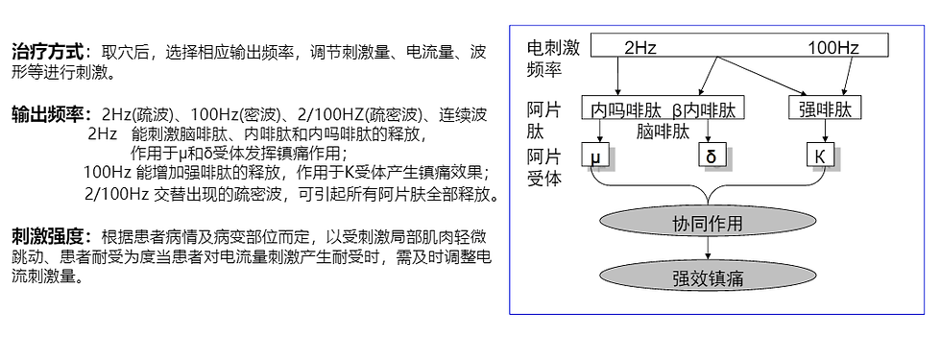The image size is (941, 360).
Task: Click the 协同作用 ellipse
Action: click(708, 225)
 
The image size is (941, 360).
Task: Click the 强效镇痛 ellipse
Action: click(708, 278)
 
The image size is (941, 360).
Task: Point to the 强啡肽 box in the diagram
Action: click(825, 108)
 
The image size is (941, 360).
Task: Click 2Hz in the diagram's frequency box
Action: click(639, 46)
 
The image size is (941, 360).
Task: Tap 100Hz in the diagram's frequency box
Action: click(832, 46)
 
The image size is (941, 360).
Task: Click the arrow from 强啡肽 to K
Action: click(824, 131)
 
